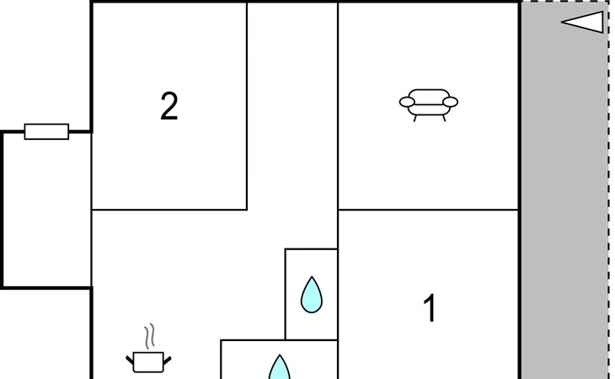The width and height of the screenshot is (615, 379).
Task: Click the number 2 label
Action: coord(169,107)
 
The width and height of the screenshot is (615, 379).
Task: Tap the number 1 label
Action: coord(430,309)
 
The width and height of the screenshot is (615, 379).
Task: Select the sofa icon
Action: coord(428,104)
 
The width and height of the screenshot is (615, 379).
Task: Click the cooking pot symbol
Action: coord(149,361)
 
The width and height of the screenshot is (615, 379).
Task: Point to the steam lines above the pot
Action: coord(150,338)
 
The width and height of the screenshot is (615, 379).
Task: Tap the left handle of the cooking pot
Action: coord(131,361)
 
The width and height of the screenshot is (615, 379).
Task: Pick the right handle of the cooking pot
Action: coord(167,361)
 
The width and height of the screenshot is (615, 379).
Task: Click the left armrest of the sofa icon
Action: coord(406,103)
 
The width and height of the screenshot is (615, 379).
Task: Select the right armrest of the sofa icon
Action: coord(450,103)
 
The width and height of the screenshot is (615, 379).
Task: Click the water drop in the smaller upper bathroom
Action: coord(312,294)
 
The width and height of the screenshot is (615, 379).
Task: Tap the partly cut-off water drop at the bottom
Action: coord(279,367)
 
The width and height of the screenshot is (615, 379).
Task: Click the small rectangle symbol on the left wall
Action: coord(46,131)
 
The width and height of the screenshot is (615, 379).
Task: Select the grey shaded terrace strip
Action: coord(563,211)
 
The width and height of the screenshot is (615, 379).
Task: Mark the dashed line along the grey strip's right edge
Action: coord(608,211)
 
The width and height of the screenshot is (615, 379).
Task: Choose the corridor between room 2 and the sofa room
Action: coord(292,126)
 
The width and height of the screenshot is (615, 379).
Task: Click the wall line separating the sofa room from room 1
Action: coord(428,210)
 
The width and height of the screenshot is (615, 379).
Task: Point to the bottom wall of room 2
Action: coord(168,209)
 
